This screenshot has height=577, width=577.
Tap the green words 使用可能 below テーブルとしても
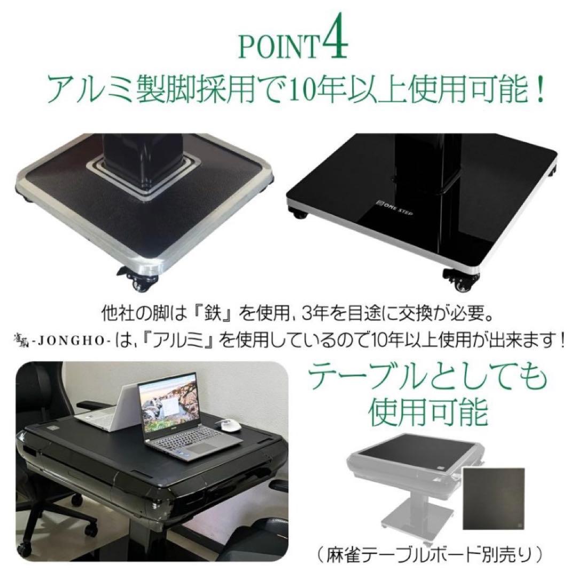[x=430, y=412]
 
